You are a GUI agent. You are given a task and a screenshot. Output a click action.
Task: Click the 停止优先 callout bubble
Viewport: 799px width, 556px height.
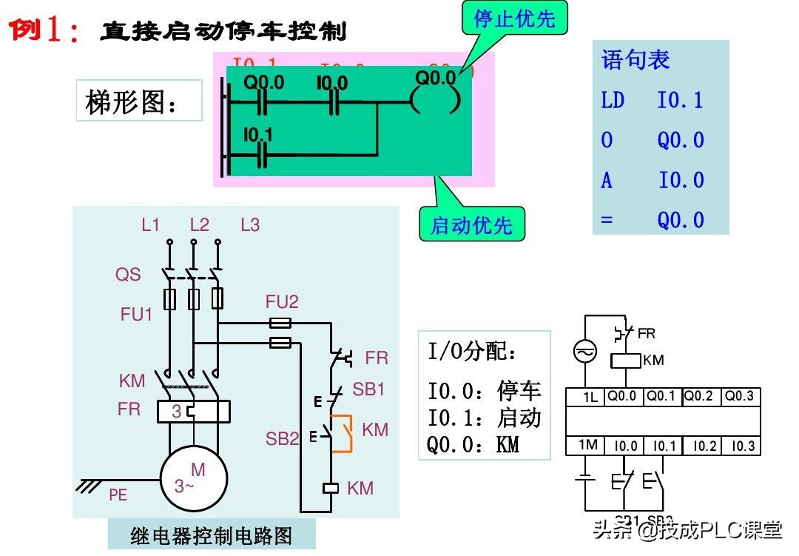pyautogui.click(x=514, y=19)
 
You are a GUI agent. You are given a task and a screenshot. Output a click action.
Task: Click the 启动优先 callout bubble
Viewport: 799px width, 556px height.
pyautogui.click(x=471, y=224)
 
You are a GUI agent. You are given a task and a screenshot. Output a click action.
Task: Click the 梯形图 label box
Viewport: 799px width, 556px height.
pyautogui.click(x=138, y=101)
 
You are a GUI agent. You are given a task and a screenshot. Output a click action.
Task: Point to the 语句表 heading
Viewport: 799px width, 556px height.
pyautogui.click(x=636, y=59)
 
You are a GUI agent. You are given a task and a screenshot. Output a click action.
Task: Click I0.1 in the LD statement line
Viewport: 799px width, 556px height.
pyautogui.click(x=680, y=100)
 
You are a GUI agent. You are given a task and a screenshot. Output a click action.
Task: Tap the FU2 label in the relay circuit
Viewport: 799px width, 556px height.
pyautogui.click(x=282, y=302)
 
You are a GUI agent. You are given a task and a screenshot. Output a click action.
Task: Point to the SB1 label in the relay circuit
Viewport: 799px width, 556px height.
pyautogui.click(x=368, y=389)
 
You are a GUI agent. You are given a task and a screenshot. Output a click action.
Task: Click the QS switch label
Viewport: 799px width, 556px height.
pyautogui.click(x=127, y=275)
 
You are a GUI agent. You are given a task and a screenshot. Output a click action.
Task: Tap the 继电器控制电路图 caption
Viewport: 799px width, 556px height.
pyautogui.click(x=212, y=535)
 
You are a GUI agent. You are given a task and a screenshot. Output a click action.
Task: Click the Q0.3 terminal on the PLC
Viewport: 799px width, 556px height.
pyautogui.click(x=739, y=396)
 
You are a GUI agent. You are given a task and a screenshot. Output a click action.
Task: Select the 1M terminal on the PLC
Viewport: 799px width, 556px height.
pyautogui.click(x=587, y=445)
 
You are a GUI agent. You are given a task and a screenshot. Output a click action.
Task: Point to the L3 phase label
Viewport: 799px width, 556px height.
pyautogui.click(x=250, y=225)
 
